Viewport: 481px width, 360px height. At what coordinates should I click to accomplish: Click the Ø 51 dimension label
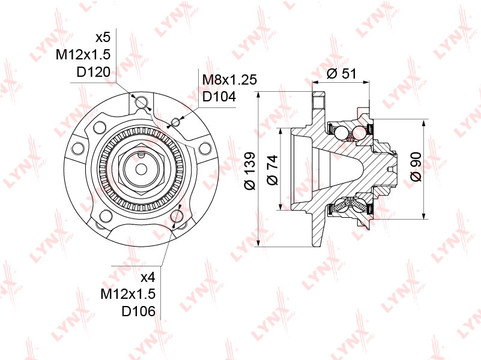point(341,74)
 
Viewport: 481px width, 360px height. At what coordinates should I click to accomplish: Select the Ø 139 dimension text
point(250,170)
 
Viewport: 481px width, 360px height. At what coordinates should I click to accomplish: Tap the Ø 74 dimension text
point(272,170)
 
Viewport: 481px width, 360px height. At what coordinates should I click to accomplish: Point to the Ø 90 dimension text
point(416,166)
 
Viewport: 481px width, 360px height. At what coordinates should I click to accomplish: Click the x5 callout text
point(103,38)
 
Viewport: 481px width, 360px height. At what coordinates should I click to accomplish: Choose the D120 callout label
point(93,73)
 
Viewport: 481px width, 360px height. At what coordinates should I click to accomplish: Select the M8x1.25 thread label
point(229,79)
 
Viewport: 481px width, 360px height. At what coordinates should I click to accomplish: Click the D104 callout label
point(219,97)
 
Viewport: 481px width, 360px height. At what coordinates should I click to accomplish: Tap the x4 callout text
point(148,277)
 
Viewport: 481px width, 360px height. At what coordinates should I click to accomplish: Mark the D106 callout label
point(139,311)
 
